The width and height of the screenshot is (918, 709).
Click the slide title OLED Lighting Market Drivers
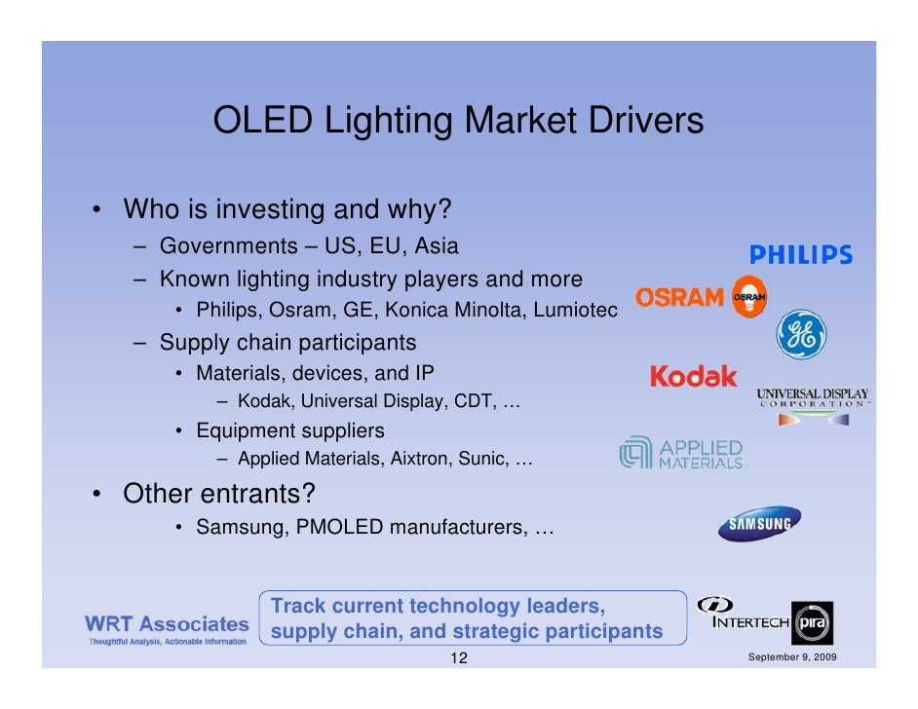pyautogui.click(x=458, y=122)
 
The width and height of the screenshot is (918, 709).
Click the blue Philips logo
pyautogui.click(x=800, y=255)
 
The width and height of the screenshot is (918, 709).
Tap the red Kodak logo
pyautogui.click(x=693, y=377)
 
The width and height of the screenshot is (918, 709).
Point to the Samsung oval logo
pyautogui.click(x=759, y=524)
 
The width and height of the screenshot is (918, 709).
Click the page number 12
pyautogui.click(x=458, y=659)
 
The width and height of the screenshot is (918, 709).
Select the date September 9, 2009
pyautogui.click(x=789, y=659)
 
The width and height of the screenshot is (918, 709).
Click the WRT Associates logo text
pyautogui.click(x=167, y=623)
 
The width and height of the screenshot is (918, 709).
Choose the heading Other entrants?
pyautogui.click(x=218, y=494)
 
